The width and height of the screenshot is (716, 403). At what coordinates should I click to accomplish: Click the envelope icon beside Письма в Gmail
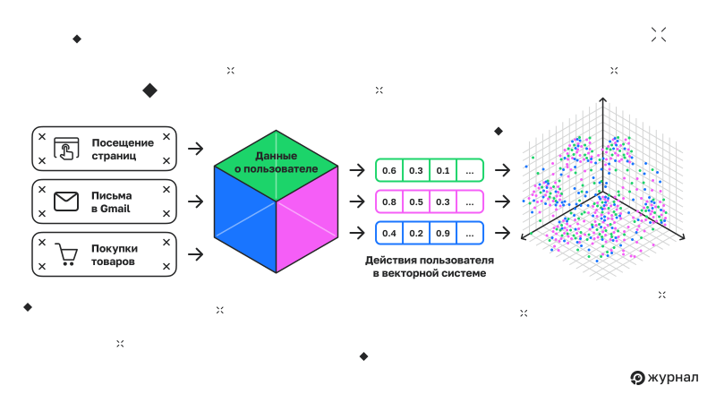pos(66,201)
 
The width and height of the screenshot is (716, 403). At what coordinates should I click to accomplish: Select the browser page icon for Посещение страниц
pos(67,149)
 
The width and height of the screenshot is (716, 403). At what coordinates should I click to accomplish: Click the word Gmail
pos(117,209)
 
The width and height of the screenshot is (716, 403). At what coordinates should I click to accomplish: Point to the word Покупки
pos(114,248)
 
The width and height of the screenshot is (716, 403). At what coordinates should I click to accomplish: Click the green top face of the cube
pos(276,167)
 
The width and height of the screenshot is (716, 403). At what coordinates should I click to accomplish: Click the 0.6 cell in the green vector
pos(388,170)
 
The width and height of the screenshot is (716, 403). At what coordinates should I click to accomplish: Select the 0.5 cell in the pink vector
pos(416,201)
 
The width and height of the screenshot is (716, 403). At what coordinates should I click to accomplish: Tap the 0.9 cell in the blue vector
pos(443,233)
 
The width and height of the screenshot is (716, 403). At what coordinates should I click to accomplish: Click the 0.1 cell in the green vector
pos(443,170)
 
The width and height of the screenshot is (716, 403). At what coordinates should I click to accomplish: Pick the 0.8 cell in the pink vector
pos(388,201)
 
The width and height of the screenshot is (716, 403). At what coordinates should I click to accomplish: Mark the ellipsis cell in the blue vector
pos(470,233)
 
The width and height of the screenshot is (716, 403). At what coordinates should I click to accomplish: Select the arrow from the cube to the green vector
pos(357,170)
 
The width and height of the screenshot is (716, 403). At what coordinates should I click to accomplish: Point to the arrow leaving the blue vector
pos(502,233)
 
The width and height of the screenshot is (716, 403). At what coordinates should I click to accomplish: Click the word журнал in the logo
pos(676,377)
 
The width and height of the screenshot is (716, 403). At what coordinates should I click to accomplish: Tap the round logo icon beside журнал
pos(638,378)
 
